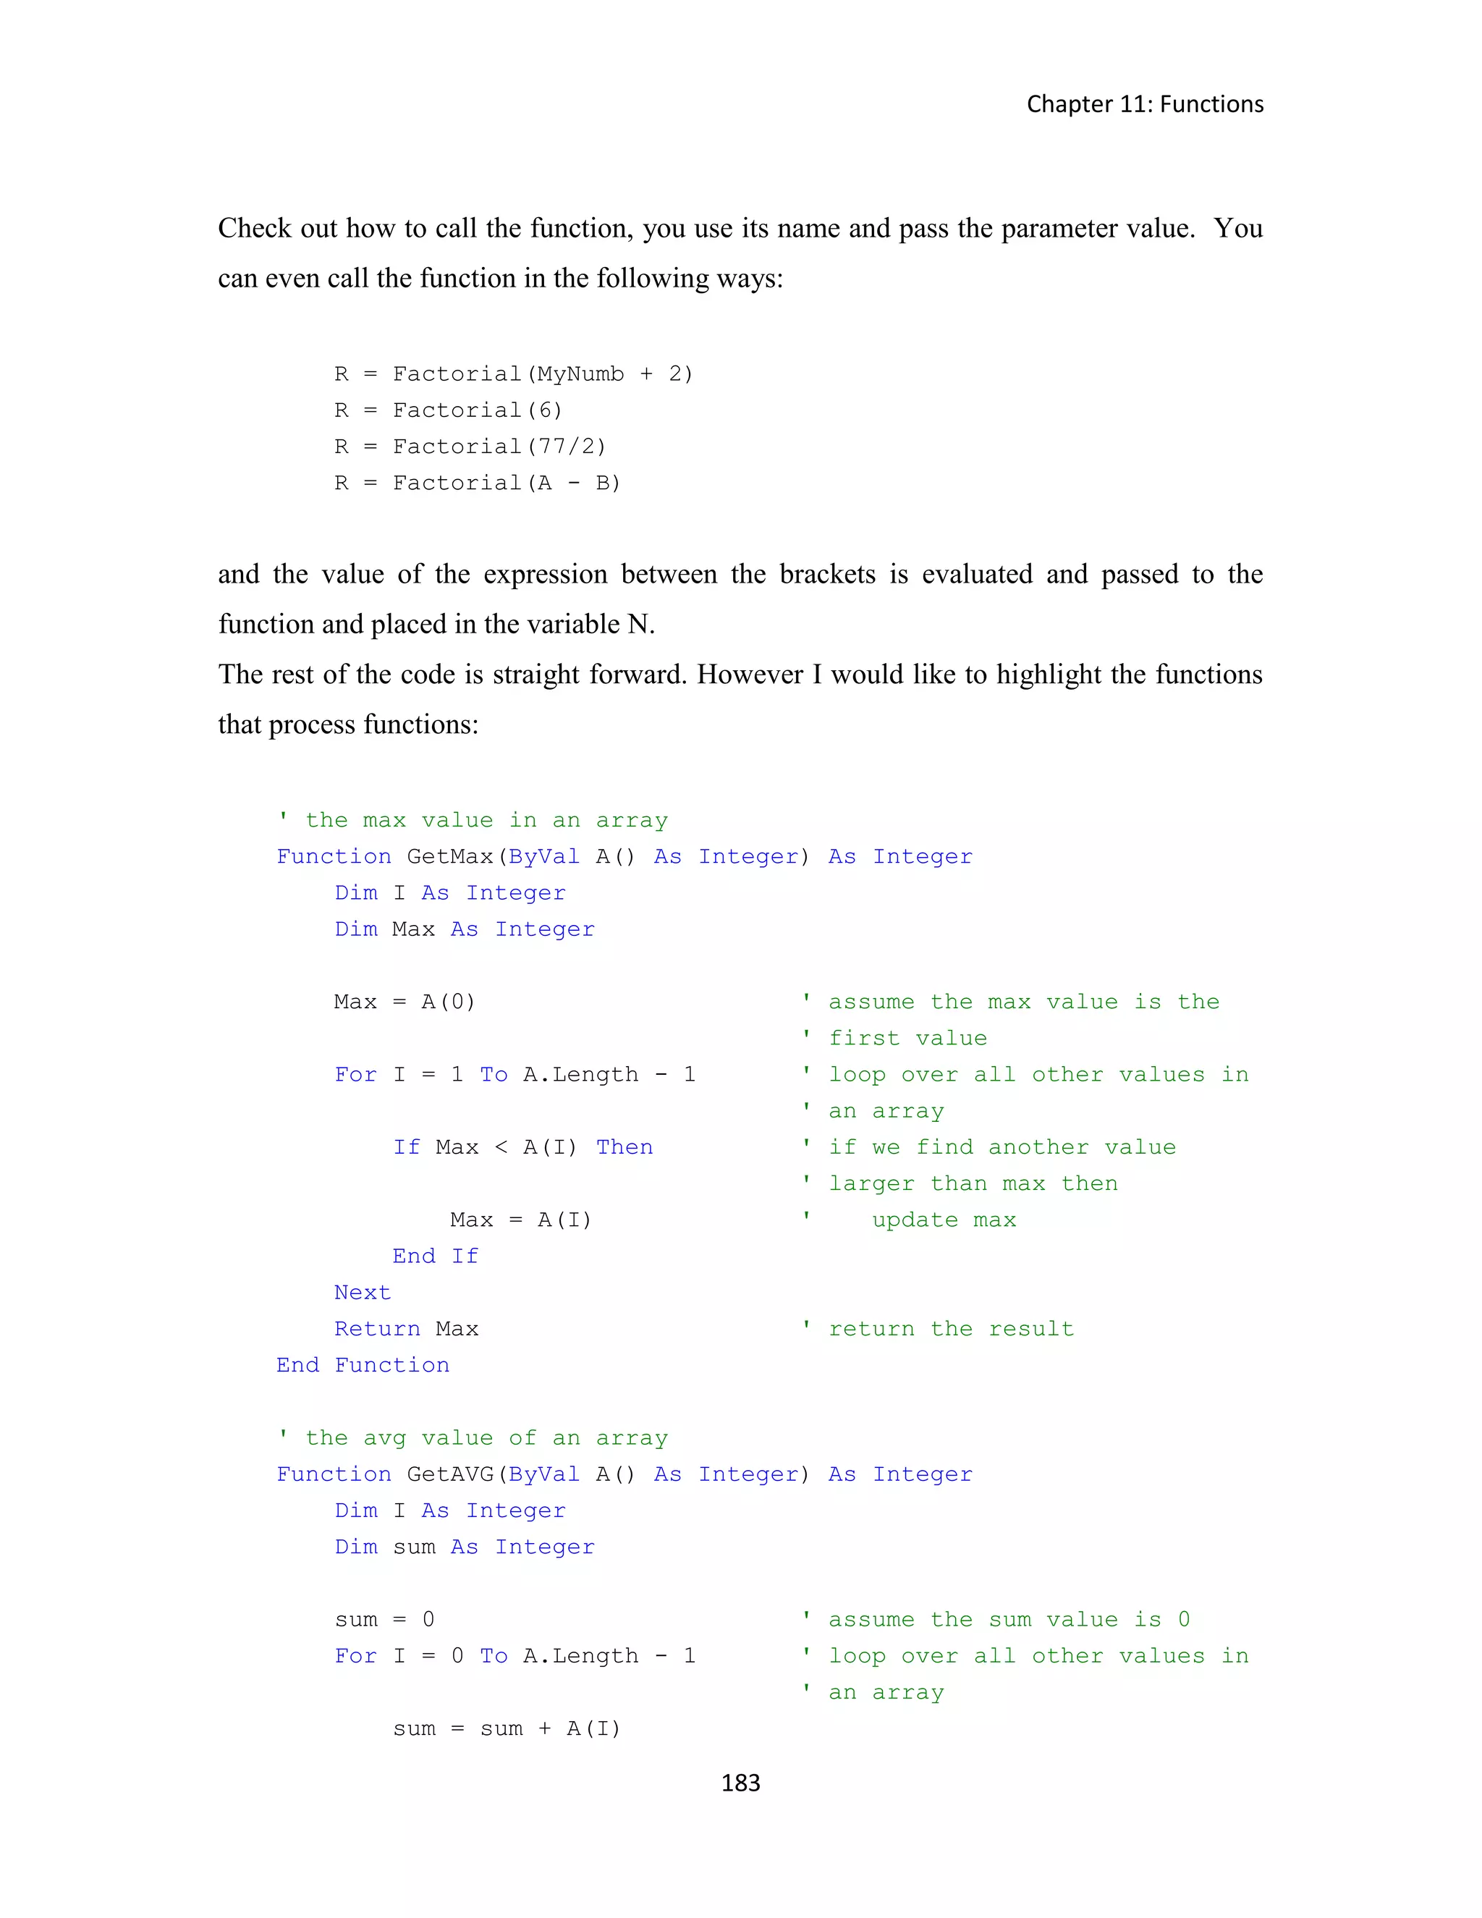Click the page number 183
pos(740,1783)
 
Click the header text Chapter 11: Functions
pos(1145,104)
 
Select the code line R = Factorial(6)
pos(448,410)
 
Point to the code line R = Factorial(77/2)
pos(470,447)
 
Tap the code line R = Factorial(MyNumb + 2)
pos(514,374)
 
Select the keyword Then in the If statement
pos(624,1147)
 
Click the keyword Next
pos(362,1293)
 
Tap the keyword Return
pos(376,1329)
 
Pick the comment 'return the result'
pos(950,1329)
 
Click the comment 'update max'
pos(943,1220)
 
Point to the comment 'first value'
pos(907,1038)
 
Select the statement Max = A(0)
pos(404,1002)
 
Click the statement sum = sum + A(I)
pos(507,1728)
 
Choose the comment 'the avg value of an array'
pos(486,1437)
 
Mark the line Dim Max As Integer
pos(465,929)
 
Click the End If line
pos(436,1256)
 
